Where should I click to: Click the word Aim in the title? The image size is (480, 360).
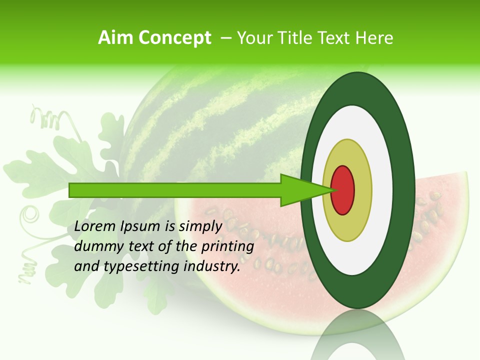(116, 38)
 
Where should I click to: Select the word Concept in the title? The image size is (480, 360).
(174, 38)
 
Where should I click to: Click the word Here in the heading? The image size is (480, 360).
(375, 38)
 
